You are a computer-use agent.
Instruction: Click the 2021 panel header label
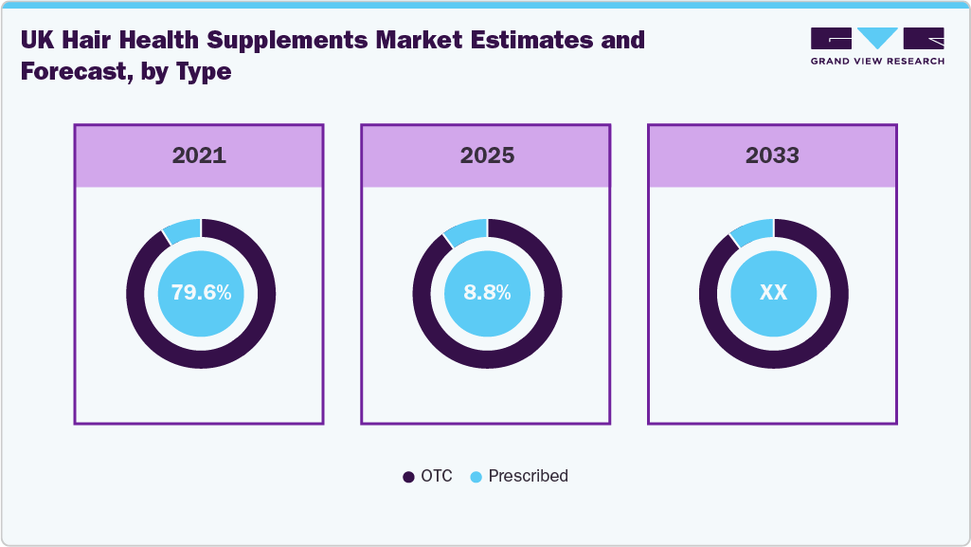[199, 155]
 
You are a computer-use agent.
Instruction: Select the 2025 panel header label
[487, 155]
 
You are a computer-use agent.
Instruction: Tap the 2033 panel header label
[772, 155]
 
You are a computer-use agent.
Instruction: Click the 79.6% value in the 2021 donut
[201, 293]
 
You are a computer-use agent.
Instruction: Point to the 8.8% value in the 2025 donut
[487, 293]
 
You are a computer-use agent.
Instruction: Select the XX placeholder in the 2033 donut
[773, 293]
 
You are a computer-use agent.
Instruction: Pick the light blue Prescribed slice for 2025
[467, 230]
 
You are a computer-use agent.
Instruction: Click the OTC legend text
[437, 476]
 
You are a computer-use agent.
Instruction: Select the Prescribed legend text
[528, 476]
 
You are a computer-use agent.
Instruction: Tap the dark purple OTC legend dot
[409, 477]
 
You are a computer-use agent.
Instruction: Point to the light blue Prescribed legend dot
[477, 477]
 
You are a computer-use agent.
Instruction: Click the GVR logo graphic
[877, 39]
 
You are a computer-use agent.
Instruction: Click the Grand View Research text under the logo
[877, 62]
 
